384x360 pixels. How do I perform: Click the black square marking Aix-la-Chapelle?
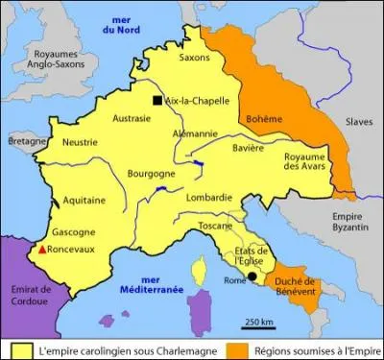point(156,101)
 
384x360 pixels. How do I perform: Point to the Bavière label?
point(252,149)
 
